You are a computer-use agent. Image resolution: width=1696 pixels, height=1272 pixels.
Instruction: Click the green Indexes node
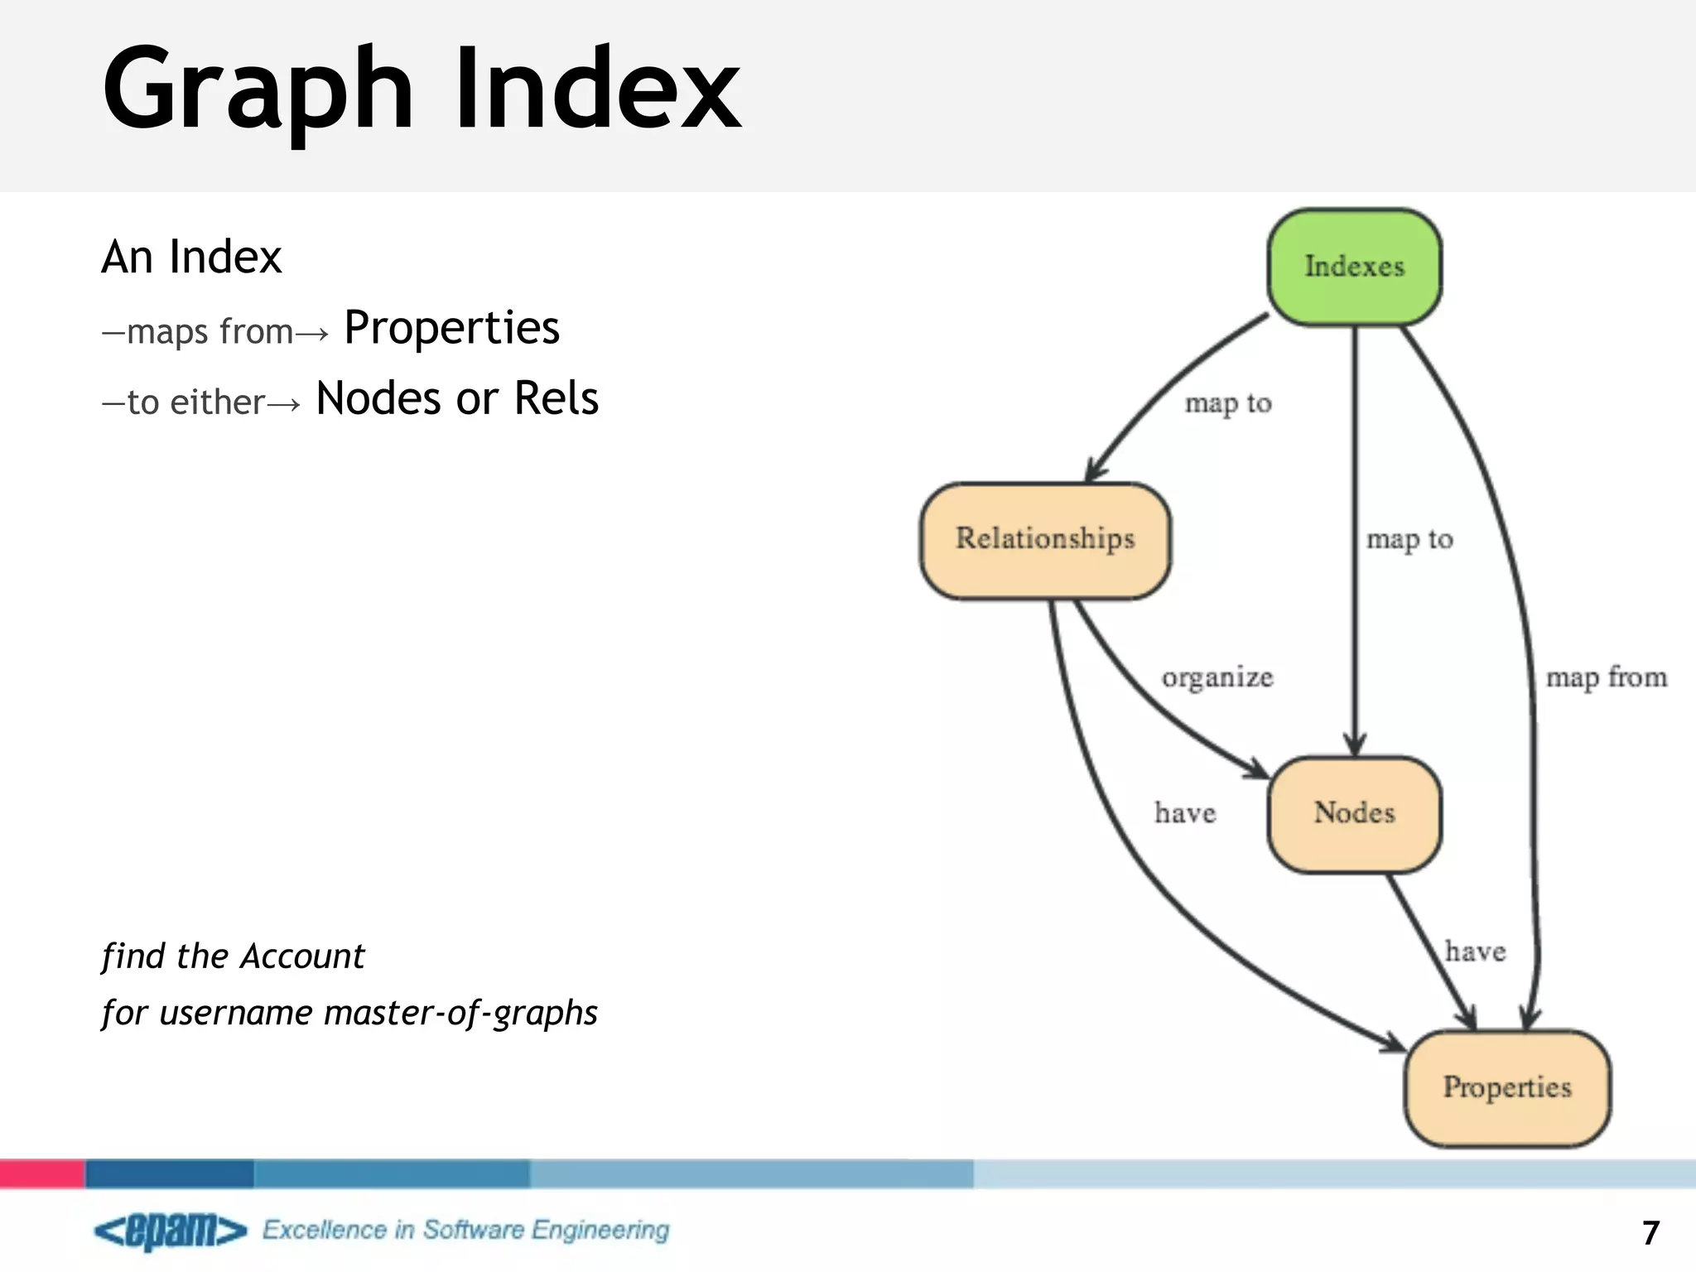pos(1354,267)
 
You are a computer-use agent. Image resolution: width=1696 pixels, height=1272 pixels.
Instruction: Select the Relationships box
pos(1045,539)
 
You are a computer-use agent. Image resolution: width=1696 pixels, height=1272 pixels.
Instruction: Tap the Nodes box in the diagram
pos(1354,813)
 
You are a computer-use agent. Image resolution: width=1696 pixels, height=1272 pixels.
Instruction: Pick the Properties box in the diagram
pos(1506,1087)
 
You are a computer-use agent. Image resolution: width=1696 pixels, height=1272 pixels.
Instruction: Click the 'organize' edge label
pos(1217,677)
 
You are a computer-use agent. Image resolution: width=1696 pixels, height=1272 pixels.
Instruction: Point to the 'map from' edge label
pos(1606,677)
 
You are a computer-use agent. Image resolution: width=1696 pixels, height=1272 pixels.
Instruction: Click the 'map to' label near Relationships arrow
pos(1227,403)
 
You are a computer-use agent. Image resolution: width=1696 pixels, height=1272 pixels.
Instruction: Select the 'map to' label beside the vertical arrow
pos(1409,539)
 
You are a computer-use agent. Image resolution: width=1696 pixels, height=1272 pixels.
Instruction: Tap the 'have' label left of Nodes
pos(1185,813)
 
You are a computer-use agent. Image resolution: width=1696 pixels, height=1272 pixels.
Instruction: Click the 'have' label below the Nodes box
pos(1475,952)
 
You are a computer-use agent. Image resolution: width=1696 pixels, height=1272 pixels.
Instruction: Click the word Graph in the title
pos(257,89)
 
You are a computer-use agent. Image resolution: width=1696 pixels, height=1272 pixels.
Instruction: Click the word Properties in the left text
pos(451,328)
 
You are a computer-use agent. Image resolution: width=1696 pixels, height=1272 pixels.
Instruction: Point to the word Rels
pos(556,398)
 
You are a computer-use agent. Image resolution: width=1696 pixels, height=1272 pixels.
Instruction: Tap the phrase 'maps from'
pos(210,332)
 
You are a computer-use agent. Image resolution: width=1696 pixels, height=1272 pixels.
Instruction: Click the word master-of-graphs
pos(460,1013)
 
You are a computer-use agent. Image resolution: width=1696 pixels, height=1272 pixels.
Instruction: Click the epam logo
pos(170,1231)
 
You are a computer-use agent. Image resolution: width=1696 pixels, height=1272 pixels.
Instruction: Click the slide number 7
pos(1650,1233)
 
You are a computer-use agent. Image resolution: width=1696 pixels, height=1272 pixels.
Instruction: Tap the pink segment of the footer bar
pos(41,1173)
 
